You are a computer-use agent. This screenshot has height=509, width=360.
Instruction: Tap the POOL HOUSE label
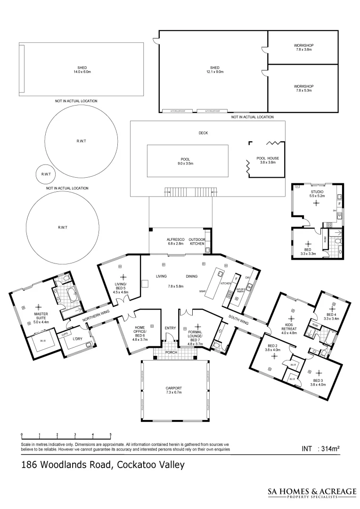point(268,158)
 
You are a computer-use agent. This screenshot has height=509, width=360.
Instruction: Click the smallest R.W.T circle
point(46,174)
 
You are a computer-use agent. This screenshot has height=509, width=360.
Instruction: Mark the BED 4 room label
point(331,314)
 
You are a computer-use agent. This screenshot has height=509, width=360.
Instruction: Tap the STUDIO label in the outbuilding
point(316,192)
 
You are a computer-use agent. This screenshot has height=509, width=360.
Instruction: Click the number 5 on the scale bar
point(111,435)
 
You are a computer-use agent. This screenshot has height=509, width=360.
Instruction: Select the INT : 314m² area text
point(320,448)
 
